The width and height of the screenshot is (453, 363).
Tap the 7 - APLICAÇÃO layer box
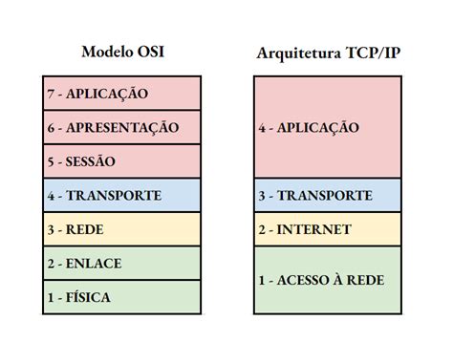[x=122, y=94]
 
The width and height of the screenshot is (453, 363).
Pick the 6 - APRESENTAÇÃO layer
[x=122, y=127]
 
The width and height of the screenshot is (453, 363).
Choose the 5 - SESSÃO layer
[x=122, y=160]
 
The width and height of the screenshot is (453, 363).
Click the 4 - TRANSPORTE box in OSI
[x=122, y=195]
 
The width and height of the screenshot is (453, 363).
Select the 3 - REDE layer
[x=122, y=229]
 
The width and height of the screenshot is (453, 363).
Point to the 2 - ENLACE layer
[x=122, y=263]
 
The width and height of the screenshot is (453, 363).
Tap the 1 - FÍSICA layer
[x=122, y=296]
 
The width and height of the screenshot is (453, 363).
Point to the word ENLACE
[x=94, y=263]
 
